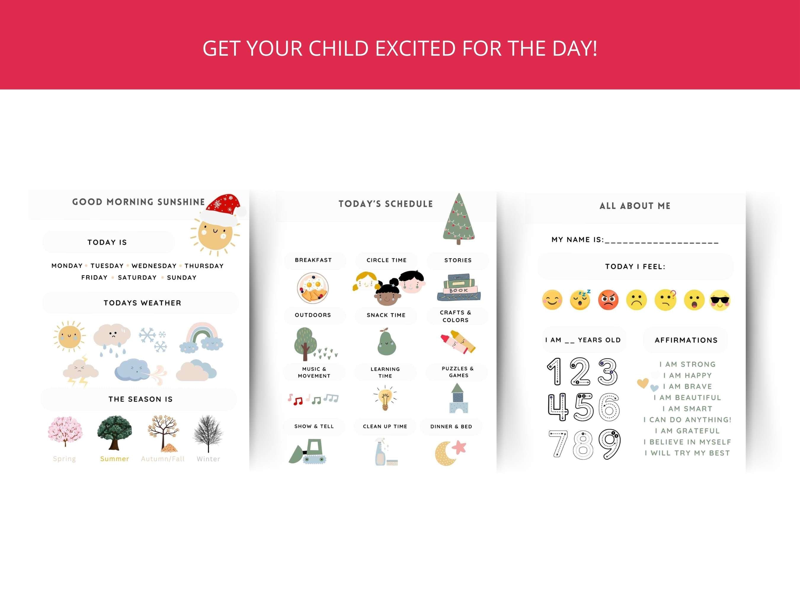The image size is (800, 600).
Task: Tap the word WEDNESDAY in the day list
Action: pyautogui.click(x=154, y=266)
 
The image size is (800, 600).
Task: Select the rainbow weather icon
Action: pyautogui.click(x=201, y=338)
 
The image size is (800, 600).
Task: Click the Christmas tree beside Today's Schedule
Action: pyautogui.click(x=459, y=219)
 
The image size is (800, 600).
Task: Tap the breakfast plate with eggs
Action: pyautogui.click(x=313, y=288)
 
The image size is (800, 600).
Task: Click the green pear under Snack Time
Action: pyautogui.click(x=387, y=343)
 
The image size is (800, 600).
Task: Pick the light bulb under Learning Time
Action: pyautogui.click(x=385, y=398)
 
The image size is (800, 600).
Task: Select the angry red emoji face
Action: pyautogui.click(x=608, y=300)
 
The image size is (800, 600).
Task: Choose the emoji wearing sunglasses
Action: pyautogui.click(x=720, y=300)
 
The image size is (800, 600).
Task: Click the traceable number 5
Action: pyautogui.click(x=583, y=407)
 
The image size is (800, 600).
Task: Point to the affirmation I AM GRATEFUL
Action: pyautogui.click(x=687, y=431)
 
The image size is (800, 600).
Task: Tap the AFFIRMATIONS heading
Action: pyautogui.click(x=686, y=340)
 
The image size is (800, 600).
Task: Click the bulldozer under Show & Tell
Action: pyautogui.click(x=308, y=452)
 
